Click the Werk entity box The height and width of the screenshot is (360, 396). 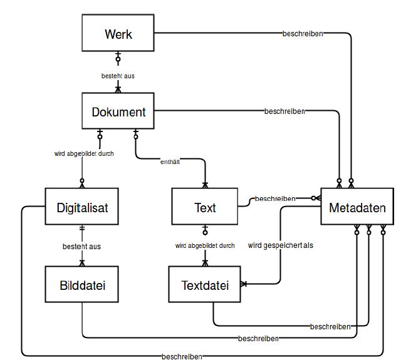pyautogui.click(x=118, y=34)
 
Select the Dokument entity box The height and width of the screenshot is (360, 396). pyautogui.click(x=118, y=112)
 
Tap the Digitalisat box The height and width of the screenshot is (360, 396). pyautogui.click(x=82, y=207)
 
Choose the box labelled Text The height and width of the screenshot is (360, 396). pyautogui.click(x=205, y=207)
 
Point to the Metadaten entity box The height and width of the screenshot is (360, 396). pyautogui.click(x=357, y=207)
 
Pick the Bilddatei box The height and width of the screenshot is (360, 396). pyautogui.click(x=82, y=285)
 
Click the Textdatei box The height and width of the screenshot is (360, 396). pyautogui.click(x=205, y=285)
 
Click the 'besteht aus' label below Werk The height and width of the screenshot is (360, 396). pyautogui.click(x=118, y=76)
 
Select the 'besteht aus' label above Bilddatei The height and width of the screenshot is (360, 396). pyautogui.click(x=82, y=246)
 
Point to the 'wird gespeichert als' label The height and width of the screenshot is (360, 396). pyautogui.click(x=280, y=245)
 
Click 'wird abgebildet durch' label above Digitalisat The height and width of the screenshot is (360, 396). pyautogui.click(x=84, y=153)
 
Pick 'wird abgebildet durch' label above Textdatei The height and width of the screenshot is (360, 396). pyautogui.click(x=205, y=245)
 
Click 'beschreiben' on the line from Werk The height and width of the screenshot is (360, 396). pyautogui.click(x=303, y=34)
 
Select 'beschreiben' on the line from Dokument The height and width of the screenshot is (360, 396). pyautogui.click(x=284, y=111)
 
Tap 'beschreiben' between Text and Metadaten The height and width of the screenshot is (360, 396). pyautogui.click(x=275, y=198)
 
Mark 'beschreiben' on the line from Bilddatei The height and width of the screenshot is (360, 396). pyautogui.click(x=258, y=339)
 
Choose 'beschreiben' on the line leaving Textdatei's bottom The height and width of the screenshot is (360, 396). pyautogui.click(x=330, y=327)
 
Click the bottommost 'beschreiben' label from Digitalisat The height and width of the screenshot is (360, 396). pyautogui.click(x=182, y=356)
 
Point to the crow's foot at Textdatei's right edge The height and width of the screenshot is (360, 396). pyautogui.click(x=244, y=284)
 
